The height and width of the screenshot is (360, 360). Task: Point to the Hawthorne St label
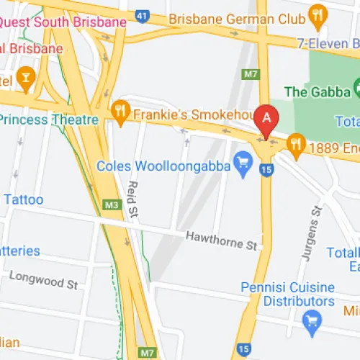221,240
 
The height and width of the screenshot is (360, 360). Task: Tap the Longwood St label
43,280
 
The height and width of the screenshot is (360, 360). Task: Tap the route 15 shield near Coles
266,170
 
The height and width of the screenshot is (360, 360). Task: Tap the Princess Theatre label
49,119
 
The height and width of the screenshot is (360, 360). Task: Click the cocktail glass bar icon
27,77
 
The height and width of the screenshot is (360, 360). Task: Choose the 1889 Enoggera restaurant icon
295,145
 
